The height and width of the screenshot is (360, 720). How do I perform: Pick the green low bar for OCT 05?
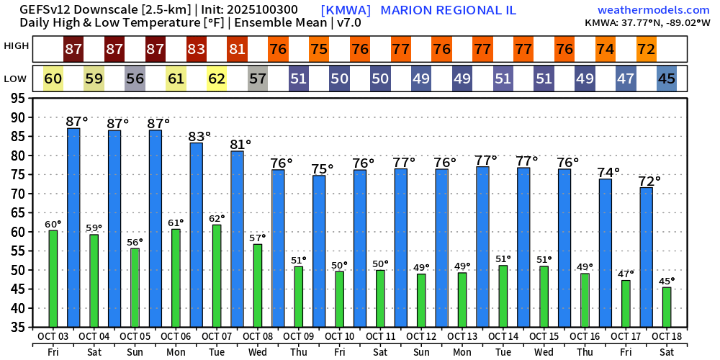click(135, 288)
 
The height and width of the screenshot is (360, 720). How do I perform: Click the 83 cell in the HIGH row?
click(197, 50)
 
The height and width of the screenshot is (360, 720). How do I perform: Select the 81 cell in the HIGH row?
click(238, 50)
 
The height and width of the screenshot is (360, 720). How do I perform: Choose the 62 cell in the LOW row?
click(217, 78)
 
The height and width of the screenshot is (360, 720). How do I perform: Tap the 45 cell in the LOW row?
click(667, 78)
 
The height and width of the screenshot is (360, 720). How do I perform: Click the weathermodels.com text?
click(653, 10)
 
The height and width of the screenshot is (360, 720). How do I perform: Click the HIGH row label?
click(17, 46)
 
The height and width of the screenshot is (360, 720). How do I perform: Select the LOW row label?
click(16, 78)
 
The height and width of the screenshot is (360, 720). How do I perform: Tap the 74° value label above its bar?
click(608, 172)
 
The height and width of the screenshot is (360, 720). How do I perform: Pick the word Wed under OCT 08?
click(258, 351)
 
